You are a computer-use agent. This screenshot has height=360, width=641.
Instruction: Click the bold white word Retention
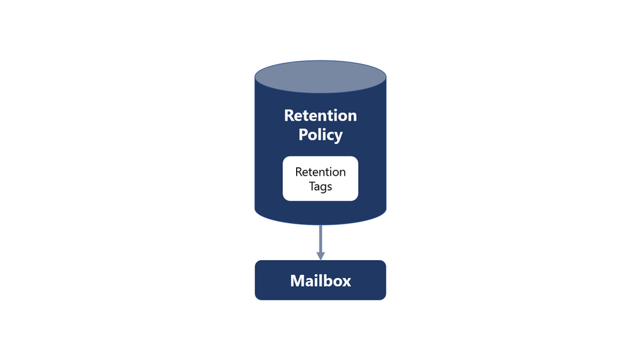320,116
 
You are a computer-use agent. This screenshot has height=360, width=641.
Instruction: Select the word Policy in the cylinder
320,135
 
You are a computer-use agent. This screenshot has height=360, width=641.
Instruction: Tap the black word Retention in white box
320,172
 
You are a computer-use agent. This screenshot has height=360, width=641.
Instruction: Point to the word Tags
320,187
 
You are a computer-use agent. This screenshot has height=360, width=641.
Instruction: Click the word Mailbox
320,281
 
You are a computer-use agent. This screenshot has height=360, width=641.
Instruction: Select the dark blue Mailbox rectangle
269,281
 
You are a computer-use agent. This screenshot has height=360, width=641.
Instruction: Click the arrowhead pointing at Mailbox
320,256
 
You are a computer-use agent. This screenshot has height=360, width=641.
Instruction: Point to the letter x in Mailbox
346,282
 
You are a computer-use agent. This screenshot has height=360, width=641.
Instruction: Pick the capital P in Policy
303,135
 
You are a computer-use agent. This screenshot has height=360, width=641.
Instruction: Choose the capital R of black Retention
299,172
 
